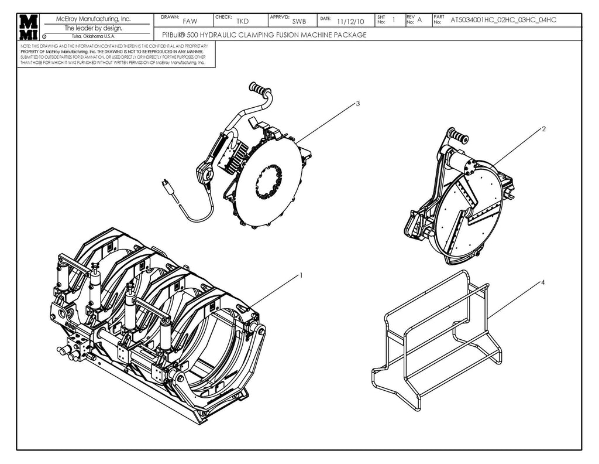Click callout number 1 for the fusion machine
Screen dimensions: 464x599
[301, 274]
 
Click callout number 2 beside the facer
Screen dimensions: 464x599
[543, 129]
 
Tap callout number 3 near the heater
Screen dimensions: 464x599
[357, 103]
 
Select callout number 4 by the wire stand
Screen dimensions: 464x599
[543, 282]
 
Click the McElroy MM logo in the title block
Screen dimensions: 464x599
[28, 27]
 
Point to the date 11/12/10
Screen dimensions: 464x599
[351, 22]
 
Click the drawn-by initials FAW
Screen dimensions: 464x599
[190, 22]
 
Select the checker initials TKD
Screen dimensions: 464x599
[242, 22]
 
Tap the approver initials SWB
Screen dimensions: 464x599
[299, 22]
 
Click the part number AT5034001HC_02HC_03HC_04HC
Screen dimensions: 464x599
[503, 21]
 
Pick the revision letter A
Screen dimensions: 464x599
[419, 21]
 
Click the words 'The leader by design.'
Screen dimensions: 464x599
[93, 28]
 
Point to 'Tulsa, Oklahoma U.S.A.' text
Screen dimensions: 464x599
[93, 36]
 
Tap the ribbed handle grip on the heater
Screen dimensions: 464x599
[259, 89]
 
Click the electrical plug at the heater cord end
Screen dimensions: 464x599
[168, 186]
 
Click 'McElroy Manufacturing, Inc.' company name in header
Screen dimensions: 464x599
[93, 19]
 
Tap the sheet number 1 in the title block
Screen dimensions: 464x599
[394, 20]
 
